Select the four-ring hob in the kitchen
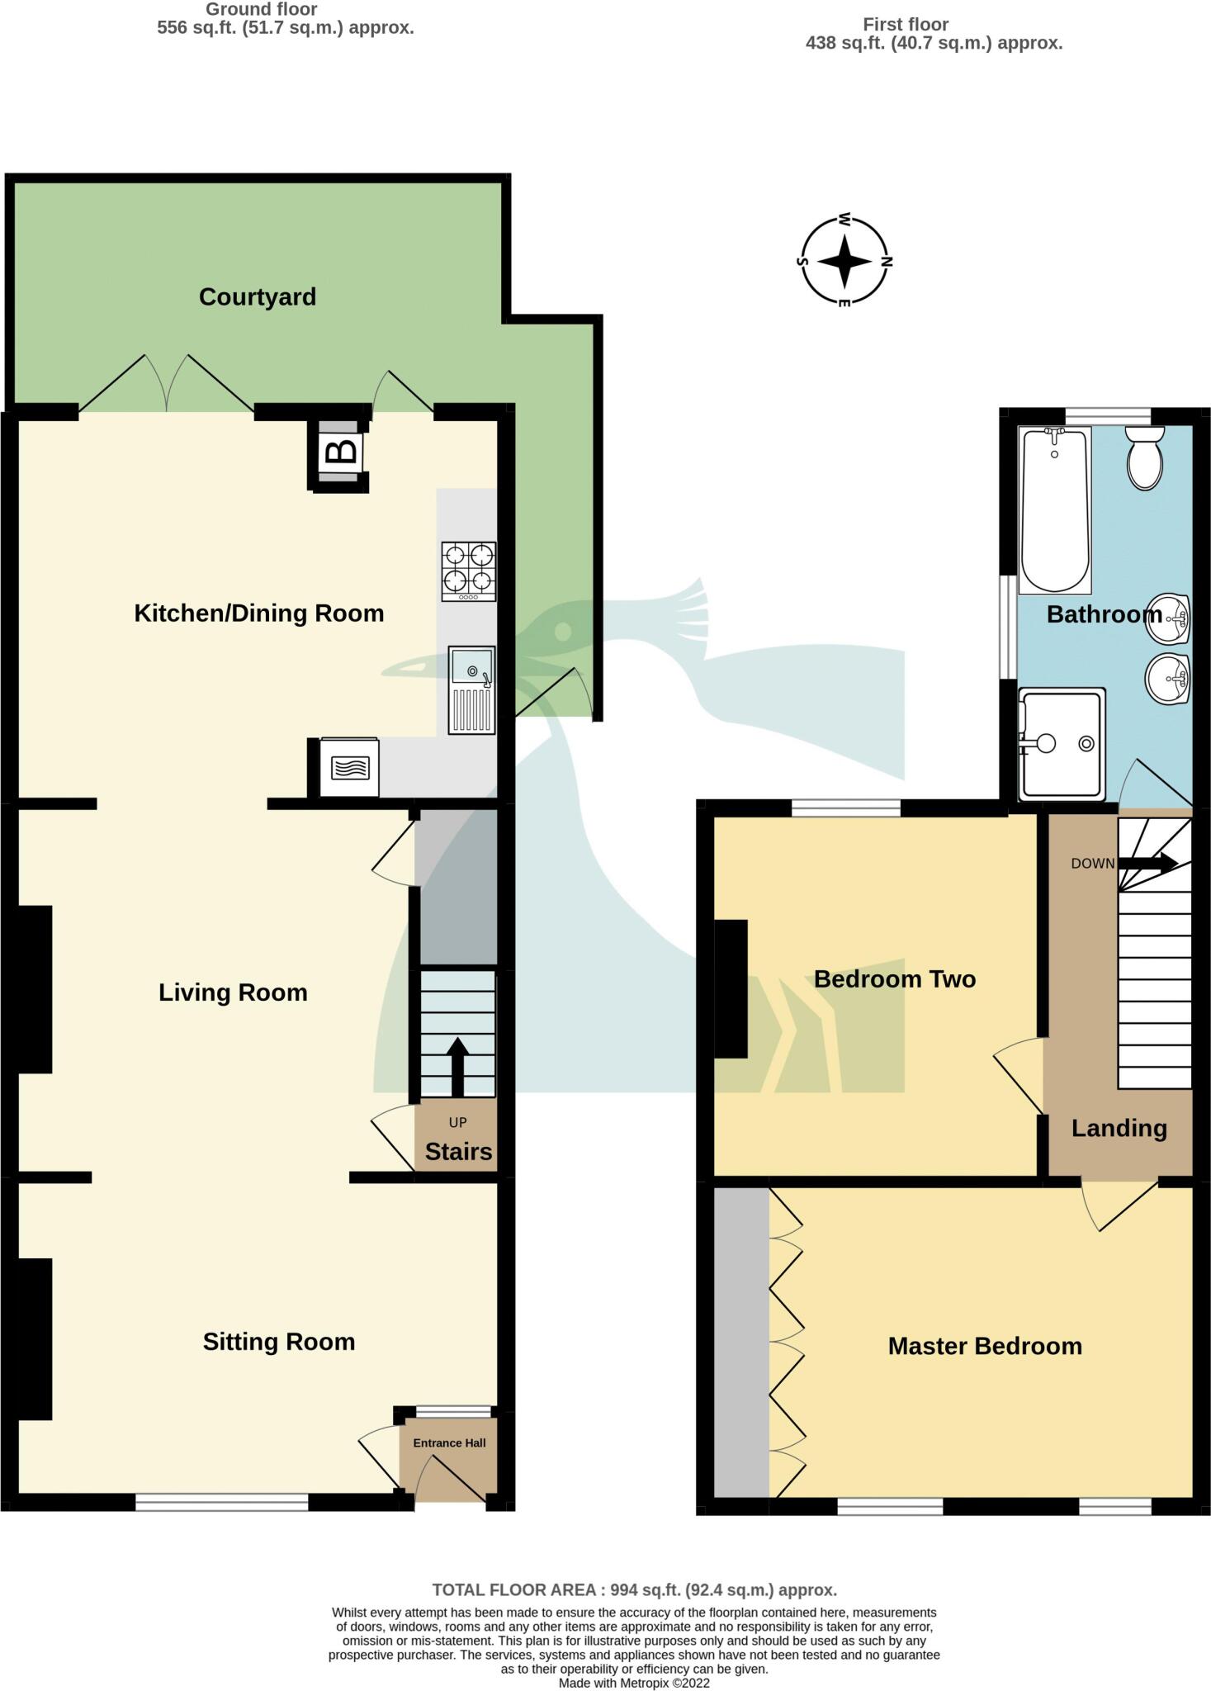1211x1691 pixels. pyautogui.click(x=469, y=571)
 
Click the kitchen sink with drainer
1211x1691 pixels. pyautogui.click(x=472, y=689)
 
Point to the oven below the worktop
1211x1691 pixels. pyautogui.click(x=350, y=768)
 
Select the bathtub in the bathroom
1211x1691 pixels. pyautogui.click(x=1054, y=509)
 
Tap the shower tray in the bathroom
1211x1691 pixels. pyautogui.click(x=1062, y=744)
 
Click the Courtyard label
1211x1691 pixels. pyautogui.click(x=258, y=297)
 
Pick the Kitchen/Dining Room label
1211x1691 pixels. pyautogui.click(x=259, y=613)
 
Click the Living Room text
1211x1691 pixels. pyautogui.click(x=233, y=992)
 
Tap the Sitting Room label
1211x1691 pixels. pyautogui.click(x=279, y=1342)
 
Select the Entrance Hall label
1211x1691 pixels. pyautogui.click(x=449, y=1443)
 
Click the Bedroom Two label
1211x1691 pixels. pyautogui.click(x=895, y=979)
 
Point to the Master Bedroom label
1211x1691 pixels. pyautogui.click(x=985, y=1346)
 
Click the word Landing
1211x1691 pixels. pyautogui.click(x=1119, y=1129)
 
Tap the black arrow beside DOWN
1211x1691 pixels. pyautogui.click(x=1149, y=864)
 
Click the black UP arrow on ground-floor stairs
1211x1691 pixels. pyautogui.click(x=457, y=1065)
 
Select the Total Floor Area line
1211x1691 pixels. pyautogui.click(x=634, y=1589)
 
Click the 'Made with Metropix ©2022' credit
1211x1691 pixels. pyautogui.click(x=634, y=1683)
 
